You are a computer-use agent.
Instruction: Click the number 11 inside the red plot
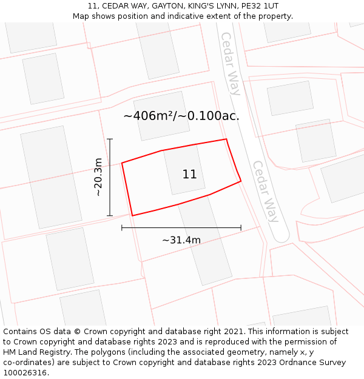pos(189,175)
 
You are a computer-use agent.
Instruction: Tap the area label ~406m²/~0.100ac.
pos(181,116)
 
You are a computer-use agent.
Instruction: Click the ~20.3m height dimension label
pos(98,177)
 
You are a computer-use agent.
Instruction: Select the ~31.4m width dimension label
pos(181,240)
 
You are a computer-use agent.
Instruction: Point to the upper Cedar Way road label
pos(231,64)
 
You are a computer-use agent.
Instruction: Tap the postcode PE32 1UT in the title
pos(258,6)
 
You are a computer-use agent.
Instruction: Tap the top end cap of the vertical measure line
pos(110,139)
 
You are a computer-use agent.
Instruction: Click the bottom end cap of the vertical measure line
pos(110,215)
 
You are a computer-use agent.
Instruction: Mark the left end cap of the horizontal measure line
pos(122,228)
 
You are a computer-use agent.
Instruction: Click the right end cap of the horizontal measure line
pos(241,228)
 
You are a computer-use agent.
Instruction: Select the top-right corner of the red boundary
pos(226,139)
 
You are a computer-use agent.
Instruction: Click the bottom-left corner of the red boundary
pos(132,215)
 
